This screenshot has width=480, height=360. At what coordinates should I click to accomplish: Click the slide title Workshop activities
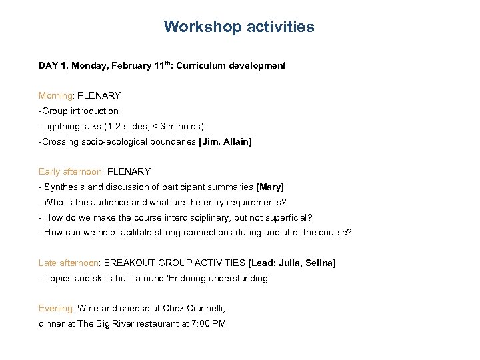point(239,27)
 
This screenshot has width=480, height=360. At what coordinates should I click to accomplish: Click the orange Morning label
point(55,95)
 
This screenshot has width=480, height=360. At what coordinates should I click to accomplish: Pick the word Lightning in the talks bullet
point(63,126)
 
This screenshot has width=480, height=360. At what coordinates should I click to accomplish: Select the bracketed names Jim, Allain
point(225,141)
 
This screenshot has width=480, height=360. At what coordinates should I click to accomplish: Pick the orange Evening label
point(56,308)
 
